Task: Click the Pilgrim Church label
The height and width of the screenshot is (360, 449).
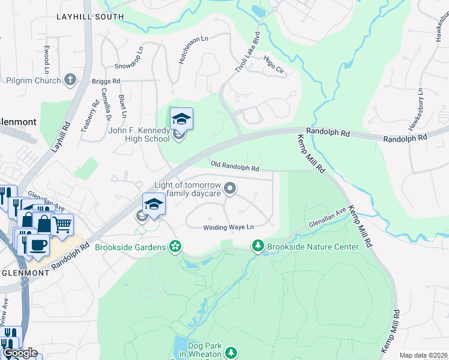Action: coord(33,80)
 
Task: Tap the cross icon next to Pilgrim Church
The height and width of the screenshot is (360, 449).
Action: coord(70,80)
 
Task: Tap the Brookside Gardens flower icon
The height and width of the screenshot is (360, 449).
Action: coord(175,247)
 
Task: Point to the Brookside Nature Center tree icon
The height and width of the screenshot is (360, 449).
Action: coord(258,246)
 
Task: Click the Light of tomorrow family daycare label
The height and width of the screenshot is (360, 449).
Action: coord(188,190)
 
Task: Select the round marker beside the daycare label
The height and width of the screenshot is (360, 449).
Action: coord(229,190)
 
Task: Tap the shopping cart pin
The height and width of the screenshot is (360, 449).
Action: coord(62,224)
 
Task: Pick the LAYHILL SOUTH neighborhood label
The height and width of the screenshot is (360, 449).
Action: coord(90,17)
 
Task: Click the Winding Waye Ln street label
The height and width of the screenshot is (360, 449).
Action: coord(228,227)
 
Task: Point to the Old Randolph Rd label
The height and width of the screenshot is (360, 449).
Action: coord(235,164)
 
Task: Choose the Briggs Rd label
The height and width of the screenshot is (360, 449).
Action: coord(106,80)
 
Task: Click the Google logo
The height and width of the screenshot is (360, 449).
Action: coord(20,352)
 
